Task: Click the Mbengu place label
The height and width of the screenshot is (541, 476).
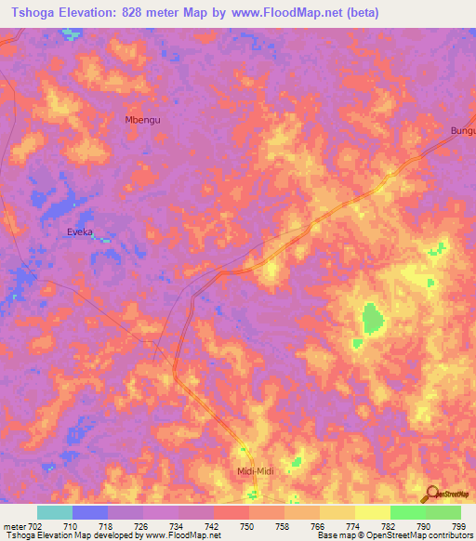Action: coord(142,120)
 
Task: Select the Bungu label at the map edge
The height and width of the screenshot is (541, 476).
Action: coord(462,131)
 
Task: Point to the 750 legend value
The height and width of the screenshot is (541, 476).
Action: coord(248,526)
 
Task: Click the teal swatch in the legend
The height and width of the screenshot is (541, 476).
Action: coord(55,512)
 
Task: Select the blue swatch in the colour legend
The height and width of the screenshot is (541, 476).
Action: coord(90,512)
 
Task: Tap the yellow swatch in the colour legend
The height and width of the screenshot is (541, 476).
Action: coord(373,512)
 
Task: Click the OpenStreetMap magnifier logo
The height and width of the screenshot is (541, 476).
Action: coord(431,494)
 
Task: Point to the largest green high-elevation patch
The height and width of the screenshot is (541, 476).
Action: coord(373,319)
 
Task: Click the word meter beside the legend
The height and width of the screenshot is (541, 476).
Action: coord(17,526)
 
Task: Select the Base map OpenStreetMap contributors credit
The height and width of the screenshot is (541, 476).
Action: coord(392,535)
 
